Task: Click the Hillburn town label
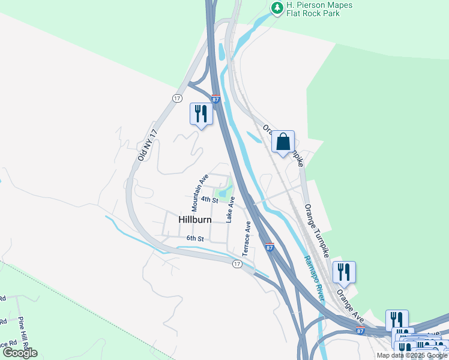click(195, 220)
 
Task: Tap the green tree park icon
click(277, 8)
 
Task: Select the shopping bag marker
click(283, 142)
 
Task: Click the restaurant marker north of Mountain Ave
click(201, 114)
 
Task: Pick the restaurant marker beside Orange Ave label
click(344, 272)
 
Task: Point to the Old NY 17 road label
click(147, 145)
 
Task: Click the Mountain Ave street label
click(200, 192)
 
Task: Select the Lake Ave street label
click(230, 209)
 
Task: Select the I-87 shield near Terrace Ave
click(269, 247)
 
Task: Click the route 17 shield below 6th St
click(237, 264)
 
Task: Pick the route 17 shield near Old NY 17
click(176, 98)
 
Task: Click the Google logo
click(20, 352)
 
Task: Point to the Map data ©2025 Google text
click(411, 355)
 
